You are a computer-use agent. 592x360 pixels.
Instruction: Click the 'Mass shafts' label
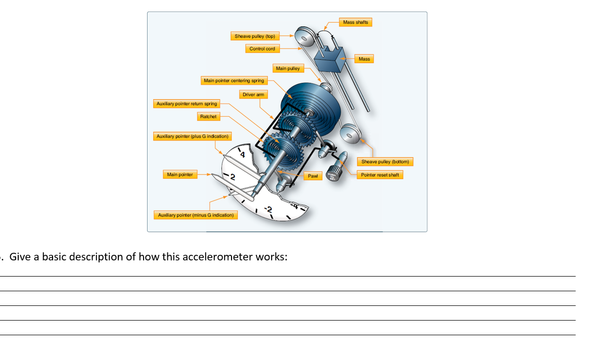coord(355,22)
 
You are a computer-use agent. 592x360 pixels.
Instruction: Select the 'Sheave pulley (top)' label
coord(254,36)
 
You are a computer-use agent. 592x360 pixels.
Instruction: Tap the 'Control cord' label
coord(262,49)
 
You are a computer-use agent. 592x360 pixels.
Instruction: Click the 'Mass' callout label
coord(364,59)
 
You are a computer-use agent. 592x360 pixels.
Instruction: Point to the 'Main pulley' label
coord(288,68)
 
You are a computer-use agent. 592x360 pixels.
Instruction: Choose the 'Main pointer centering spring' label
coord(234,80)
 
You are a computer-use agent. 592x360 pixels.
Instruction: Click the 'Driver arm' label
coord(253,95)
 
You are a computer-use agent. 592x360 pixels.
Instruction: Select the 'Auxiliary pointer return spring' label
coord(187,104)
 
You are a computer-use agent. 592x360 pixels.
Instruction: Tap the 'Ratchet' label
coord(208,117)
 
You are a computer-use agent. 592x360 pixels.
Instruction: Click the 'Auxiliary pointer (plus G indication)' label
coord(192,137)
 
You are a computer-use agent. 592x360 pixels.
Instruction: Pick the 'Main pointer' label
coord(180,174)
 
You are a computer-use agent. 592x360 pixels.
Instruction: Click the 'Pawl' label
coord(313,176)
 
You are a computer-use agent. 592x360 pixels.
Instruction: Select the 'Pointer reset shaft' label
coord(380,175)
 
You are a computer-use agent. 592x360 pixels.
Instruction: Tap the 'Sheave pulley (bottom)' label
coord(385,162)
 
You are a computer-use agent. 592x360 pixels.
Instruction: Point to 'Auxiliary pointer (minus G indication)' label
coord(196,215)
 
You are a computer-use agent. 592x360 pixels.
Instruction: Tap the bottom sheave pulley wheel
coord(350,136)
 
